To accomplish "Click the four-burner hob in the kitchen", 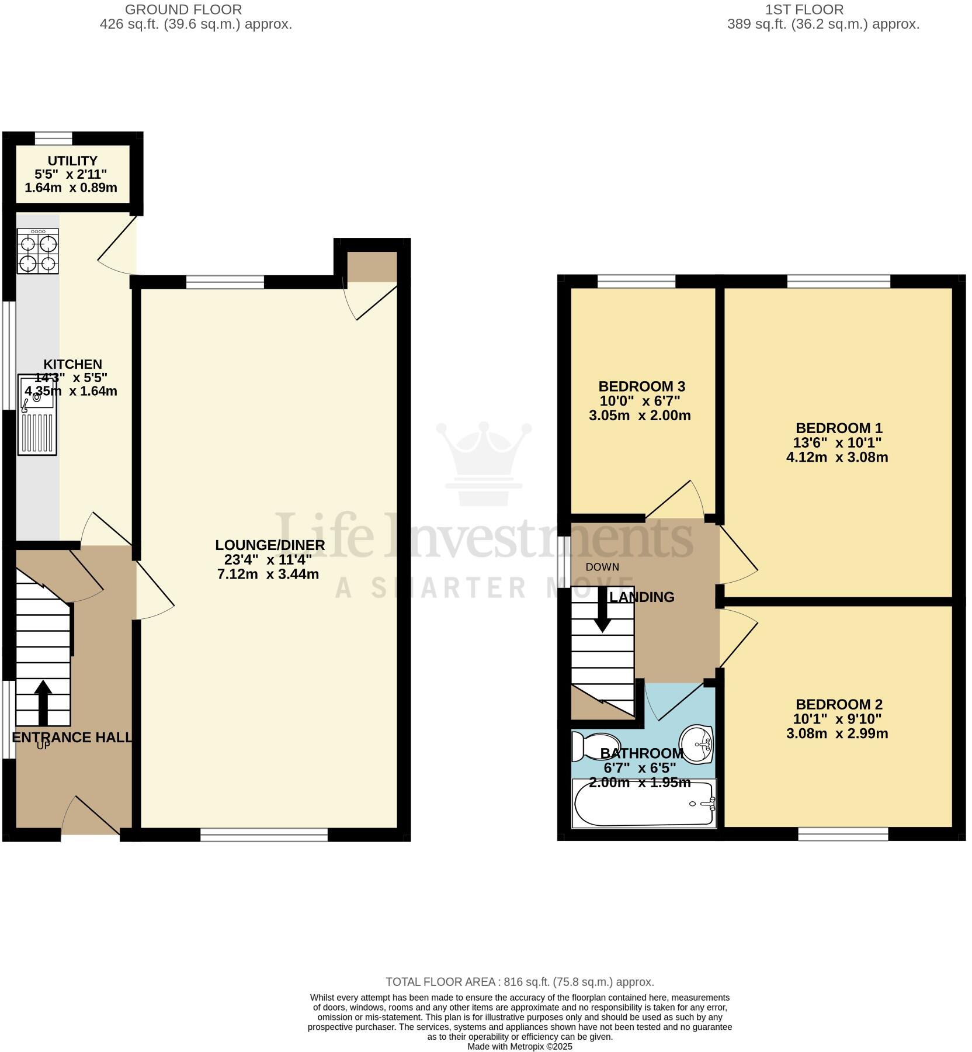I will [38, 251].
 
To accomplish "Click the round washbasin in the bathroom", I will [697, 743].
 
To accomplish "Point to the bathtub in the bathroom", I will [644, 804].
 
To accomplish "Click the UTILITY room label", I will [72, 161].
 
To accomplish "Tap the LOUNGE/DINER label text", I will [270, 545].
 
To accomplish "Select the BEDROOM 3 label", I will [641, 386].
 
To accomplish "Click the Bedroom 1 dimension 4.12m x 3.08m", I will [837, 457].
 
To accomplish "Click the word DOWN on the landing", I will [602, 567].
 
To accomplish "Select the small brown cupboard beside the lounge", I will [372, 267].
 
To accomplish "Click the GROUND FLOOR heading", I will [183, 10].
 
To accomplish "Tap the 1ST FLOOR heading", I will [804, 10].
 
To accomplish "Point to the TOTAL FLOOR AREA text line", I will [519, 982].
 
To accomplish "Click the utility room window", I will [53, 138].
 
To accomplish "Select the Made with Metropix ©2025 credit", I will [519, 1046].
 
